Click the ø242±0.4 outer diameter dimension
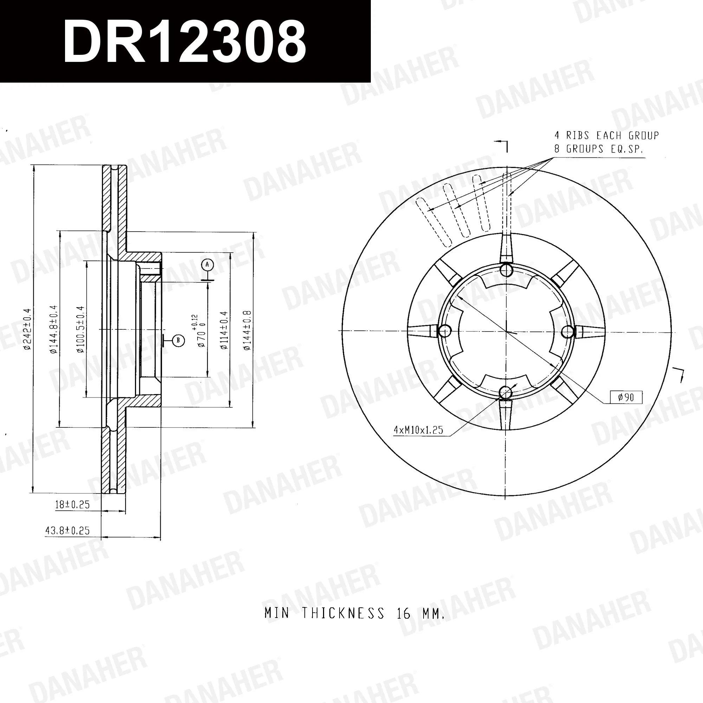27,329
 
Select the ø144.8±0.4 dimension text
54,329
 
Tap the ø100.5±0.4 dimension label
80,329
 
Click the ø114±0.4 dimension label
224,330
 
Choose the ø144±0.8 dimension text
247,330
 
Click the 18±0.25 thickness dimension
72,504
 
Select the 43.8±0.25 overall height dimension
67,530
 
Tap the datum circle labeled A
207,265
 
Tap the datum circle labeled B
178,341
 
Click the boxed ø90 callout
626,397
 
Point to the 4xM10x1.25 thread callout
418,430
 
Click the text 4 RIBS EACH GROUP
607,136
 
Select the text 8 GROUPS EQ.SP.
599,149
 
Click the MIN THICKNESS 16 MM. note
355,613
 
